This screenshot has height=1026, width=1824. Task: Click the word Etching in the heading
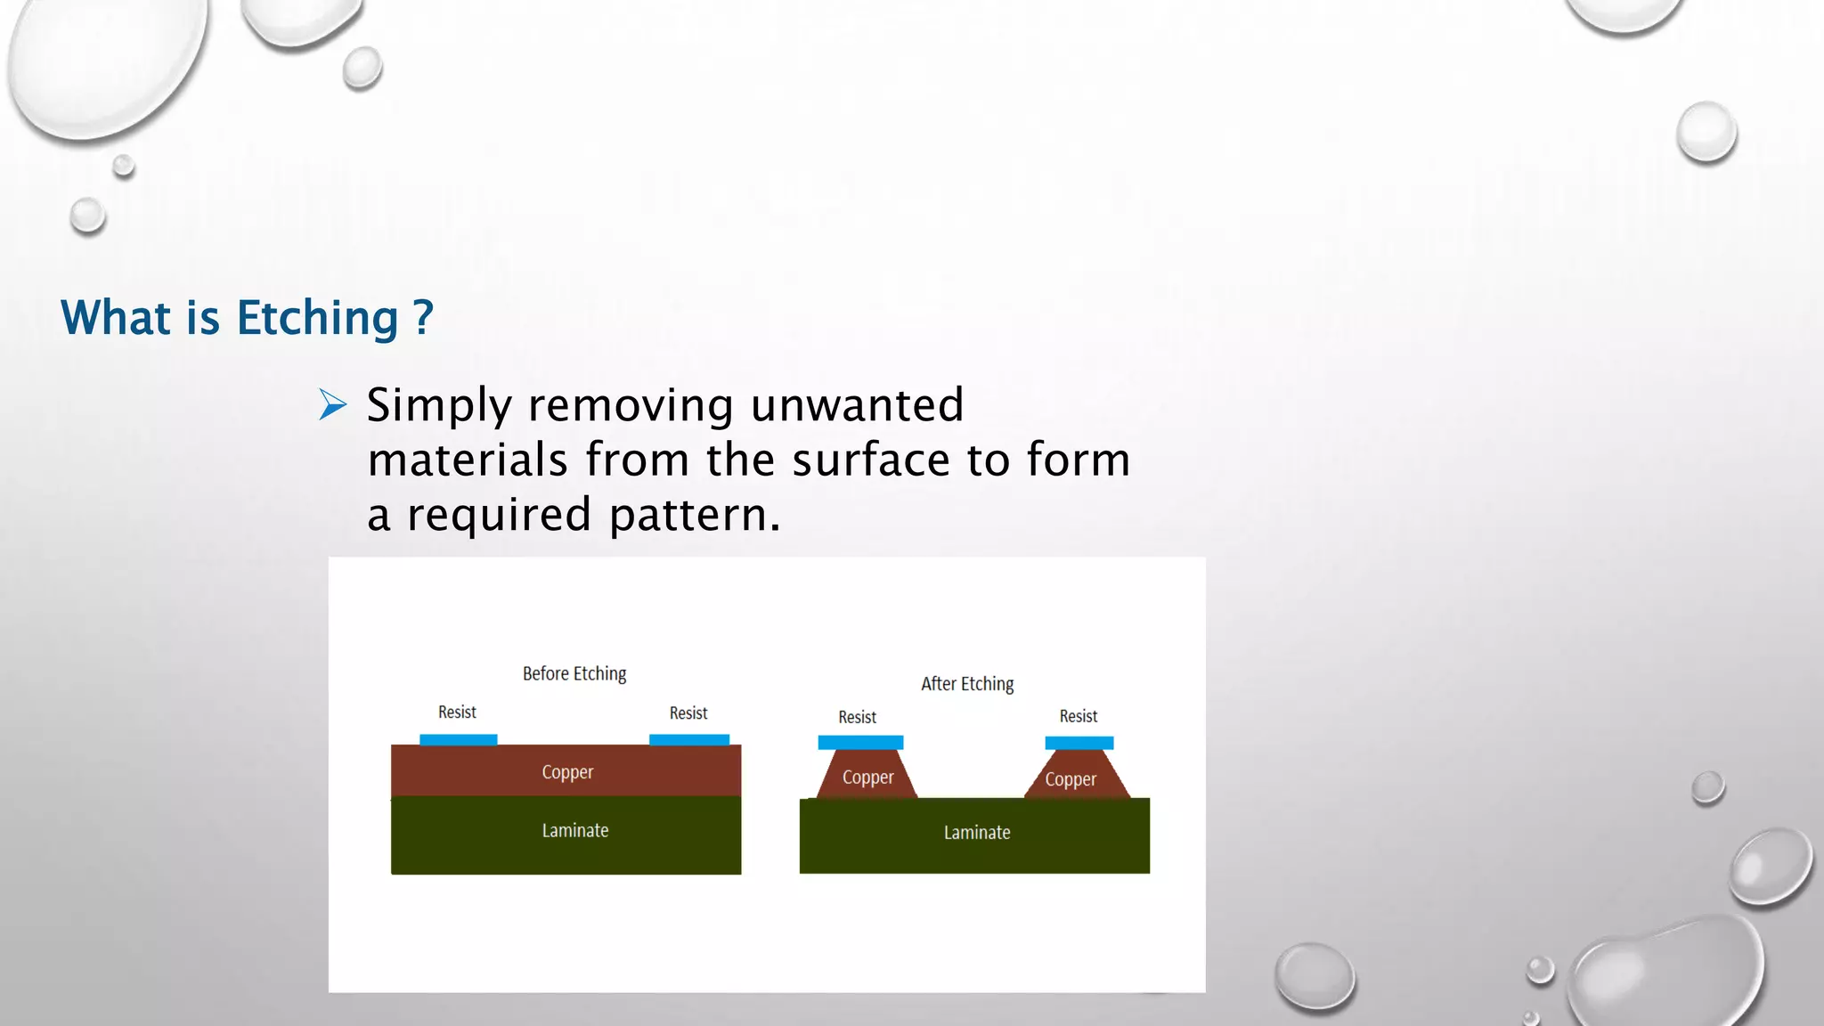[x=317, y=319]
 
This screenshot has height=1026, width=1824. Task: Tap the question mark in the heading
[x=423, y=317]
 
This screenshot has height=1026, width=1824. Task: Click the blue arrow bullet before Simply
[x=332, y=405]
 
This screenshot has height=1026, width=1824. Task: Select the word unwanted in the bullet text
[x=857, y=405]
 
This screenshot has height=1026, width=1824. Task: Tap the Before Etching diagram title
[x=574, y=674]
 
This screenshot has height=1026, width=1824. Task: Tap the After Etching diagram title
[x=967, y=684]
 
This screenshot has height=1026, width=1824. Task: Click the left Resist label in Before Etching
[x=457, y=712]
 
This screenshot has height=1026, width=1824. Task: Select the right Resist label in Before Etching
[x=688, y=713]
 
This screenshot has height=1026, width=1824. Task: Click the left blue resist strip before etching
[x=458, y=740]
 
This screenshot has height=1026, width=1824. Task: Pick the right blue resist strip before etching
[x=689, y=740]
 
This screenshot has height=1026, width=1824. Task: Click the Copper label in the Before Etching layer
[x=567, y=772]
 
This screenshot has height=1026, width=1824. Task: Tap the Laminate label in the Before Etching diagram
[x=575, y=831]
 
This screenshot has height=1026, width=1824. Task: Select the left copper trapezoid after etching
[x=867, y=776]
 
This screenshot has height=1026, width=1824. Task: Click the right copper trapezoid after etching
[x=1076, y=778]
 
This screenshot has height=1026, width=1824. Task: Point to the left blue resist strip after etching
[x=860, y=743]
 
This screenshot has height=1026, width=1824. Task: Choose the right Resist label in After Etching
[x=1078, y=717]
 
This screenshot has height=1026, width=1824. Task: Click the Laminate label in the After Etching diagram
[x=977, y=833]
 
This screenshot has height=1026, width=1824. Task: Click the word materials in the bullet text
[x=468, y=460]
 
